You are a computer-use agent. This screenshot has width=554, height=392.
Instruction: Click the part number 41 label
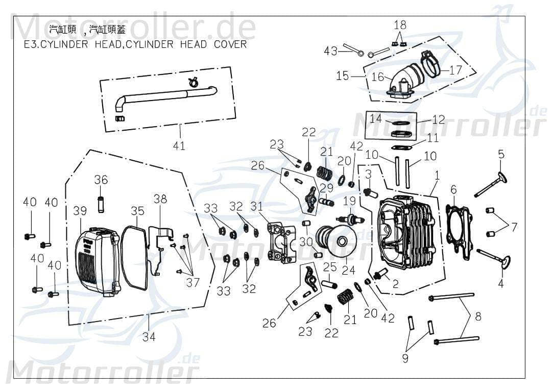pyautogui.click(x=179, y=146)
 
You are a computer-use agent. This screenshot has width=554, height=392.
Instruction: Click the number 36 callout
pyautogui.click(x=101, y=180)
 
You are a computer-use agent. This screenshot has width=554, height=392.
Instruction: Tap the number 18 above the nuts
pyautogui.click(x=400, y=25)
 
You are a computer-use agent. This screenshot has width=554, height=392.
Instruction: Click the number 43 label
pyautogui.click(x=331, y=51)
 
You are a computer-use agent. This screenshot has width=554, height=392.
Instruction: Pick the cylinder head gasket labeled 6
pyautogui.click(x=459, y=225)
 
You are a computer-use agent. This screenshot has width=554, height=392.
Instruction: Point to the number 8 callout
pyautogui.click(x=477, y=316)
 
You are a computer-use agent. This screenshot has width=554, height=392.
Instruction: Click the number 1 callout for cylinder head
pyautogui.click(x=437, y=175)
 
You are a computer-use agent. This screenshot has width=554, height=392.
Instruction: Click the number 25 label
pyautogui.click(x=329, y=266)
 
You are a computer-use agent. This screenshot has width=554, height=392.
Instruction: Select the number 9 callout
pyautogui.click(x=405, y=358)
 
